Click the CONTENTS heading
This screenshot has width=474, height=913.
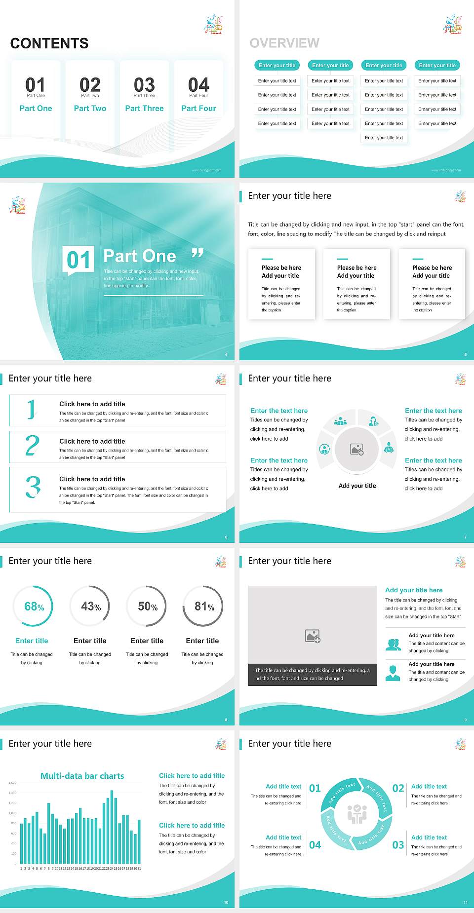point(49,43)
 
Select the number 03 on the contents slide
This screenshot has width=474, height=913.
point(144,85)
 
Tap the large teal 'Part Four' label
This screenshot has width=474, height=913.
point(198,108)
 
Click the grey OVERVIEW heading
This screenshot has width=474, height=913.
point(284,43)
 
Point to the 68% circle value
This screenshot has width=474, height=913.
point(34,607)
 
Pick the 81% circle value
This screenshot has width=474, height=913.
point(204,607)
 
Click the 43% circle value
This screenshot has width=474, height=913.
point(91,607)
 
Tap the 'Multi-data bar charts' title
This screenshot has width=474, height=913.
point(82,776)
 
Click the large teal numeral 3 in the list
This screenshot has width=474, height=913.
point(33,487)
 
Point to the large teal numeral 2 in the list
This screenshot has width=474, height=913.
point(33,446)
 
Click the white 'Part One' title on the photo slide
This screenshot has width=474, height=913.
point(140,256)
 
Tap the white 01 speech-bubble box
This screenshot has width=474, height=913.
point(79,260)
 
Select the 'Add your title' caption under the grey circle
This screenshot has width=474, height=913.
point(357,486)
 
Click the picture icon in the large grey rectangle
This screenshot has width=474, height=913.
point(313,636)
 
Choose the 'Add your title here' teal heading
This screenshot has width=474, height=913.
point(414,590)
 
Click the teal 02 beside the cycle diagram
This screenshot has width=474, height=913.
point(398,788)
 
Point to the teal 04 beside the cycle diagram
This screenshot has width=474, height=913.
point(315,845)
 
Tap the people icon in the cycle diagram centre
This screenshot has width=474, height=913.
point(357,814)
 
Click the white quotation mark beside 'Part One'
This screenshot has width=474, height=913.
point(197,254)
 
